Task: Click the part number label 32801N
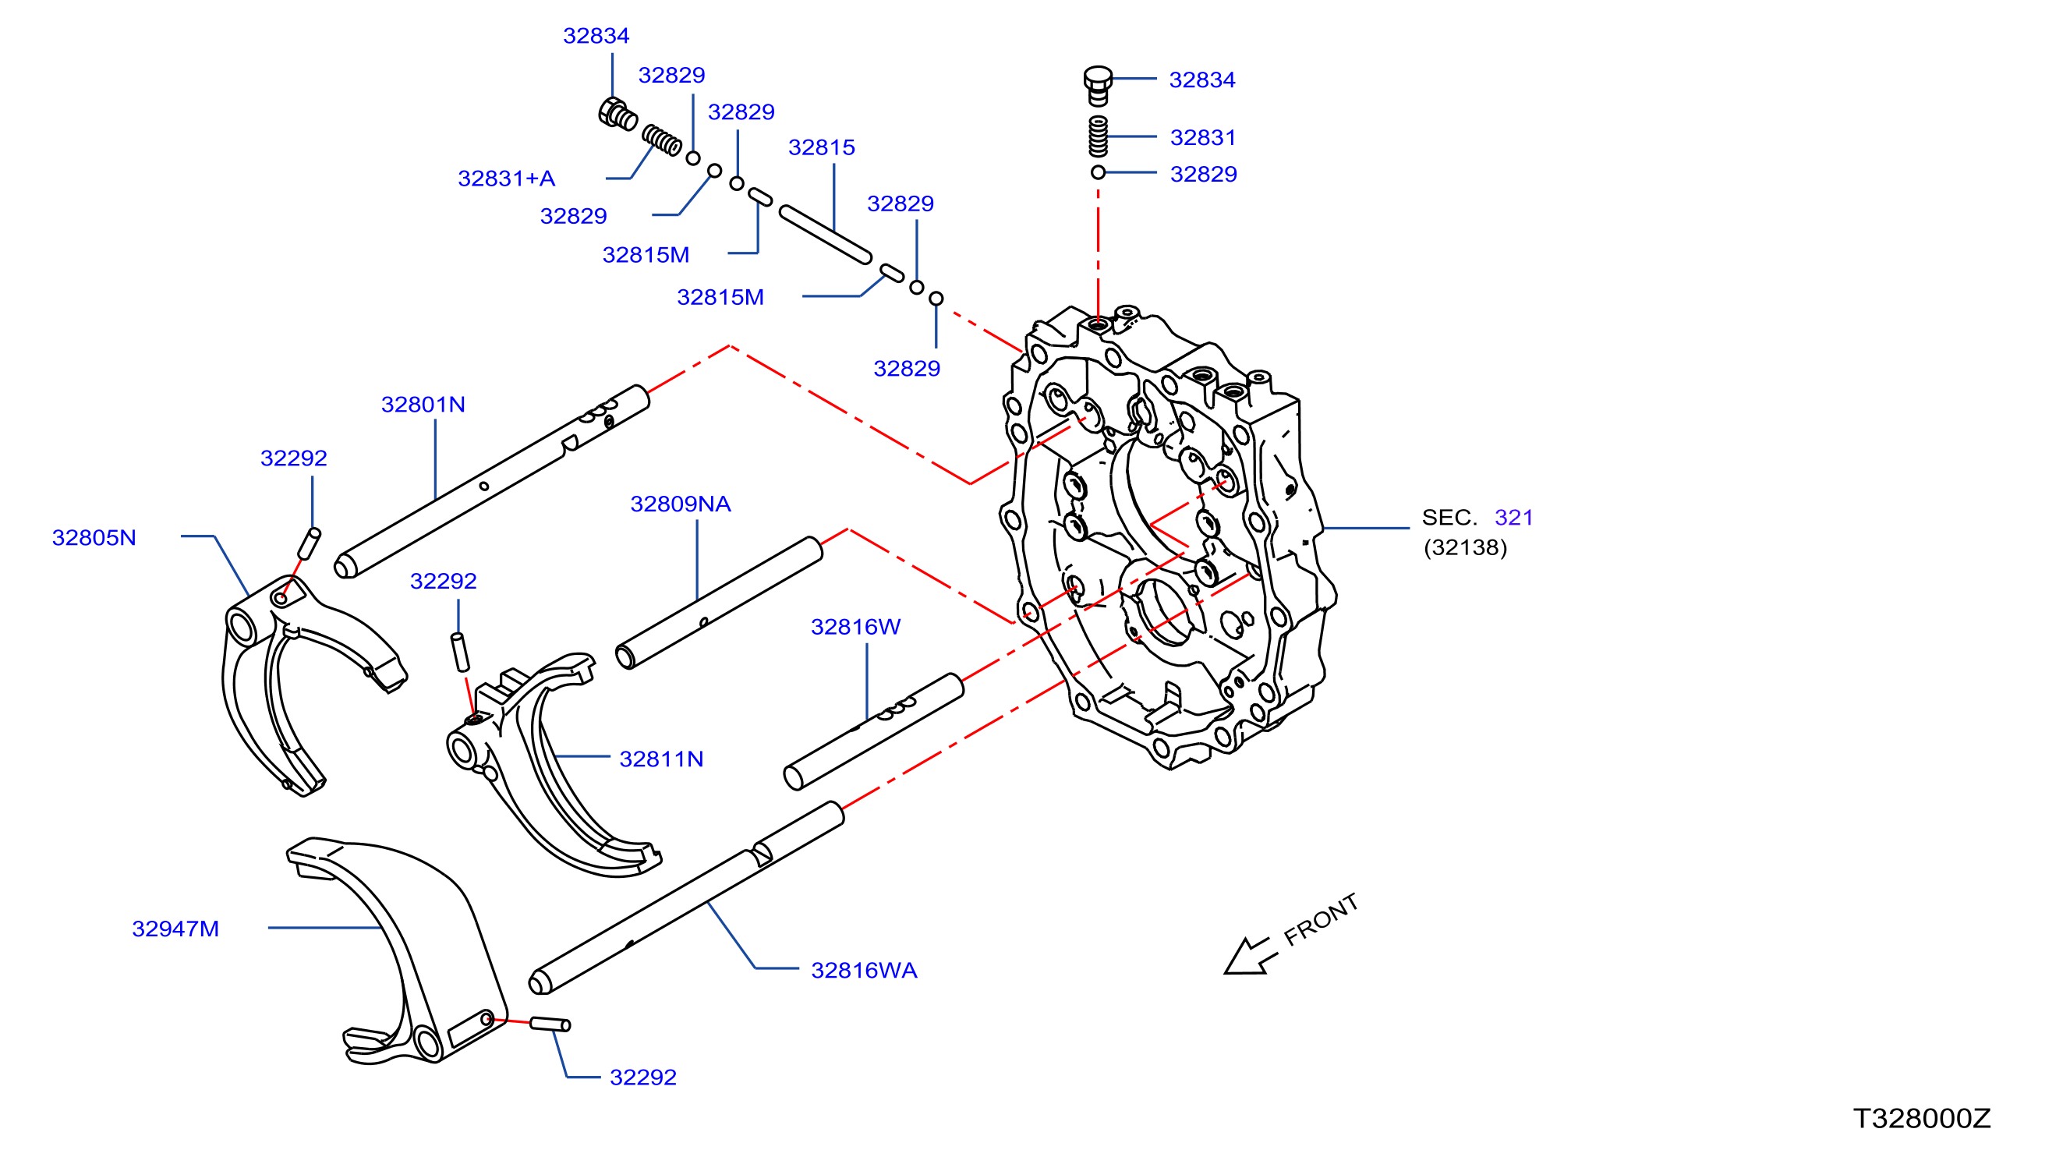[423, 404]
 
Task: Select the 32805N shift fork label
[94, 537]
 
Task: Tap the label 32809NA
[681, 504]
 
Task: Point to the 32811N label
[661, 759]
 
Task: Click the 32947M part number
[175, 929]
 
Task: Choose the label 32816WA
[864, 971]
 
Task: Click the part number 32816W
[856, 627]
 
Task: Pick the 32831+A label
[506, 179]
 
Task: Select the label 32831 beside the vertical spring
[1202, 137]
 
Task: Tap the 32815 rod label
[821, 147]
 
